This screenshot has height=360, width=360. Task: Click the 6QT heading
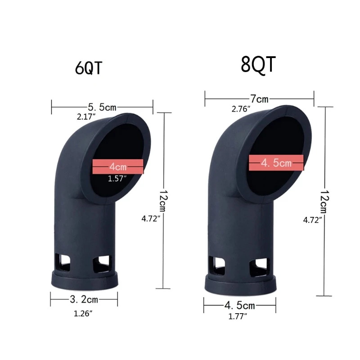(89, 69)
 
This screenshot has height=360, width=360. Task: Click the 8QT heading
(258, 64)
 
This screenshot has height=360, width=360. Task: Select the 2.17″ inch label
(86, 117)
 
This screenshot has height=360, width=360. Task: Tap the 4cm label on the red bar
(118, 166)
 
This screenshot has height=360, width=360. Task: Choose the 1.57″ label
(117, 179)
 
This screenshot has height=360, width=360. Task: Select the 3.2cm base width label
(84, 299)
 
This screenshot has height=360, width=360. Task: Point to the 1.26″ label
(83, 314)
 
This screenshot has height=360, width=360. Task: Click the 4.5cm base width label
(239, 306)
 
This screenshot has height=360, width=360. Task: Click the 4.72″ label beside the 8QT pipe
(313, 220)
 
